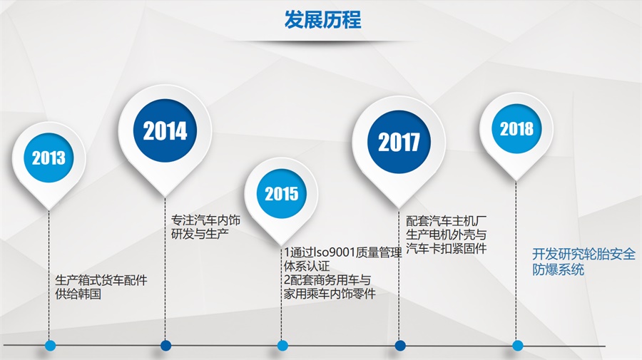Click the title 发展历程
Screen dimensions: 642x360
pos(322,20)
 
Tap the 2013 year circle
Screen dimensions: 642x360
pos(49,158)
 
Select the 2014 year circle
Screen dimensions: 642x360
pos(165,130)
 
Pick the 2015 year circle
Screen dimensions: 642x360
pos(281,193)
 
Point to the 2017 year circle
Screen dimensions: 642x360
pos(399,142)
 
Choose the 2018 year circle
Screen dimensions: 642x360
pos(516,128)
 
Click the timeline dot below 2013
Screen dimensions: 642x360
pos(50,346)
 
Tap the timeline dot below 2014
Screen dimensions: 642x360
pos(165,346)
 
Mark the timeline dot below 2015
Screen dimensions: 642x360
pos(282,346)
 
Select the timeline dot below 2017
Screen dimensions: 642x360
pos(400,346)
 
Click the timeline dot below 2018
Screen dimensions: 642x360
pos(518,346)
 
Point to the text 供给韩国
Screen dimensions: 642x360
pos(78,294)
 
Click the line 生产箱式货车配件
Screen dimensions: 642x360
pos(101,280)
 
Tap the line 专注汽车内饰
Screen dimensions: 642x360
pos(205,220)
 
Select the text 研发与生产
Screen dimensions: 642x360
pos(200,234)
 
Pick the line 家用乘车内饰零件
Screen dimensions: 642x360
pos(330,293)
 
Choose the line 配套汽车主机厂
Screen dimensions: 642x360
pos(447,221)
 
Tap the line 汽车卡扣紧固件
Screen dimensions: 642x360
pos(447,248)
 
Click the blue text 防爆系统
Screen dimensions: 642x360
pos(558,269)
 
